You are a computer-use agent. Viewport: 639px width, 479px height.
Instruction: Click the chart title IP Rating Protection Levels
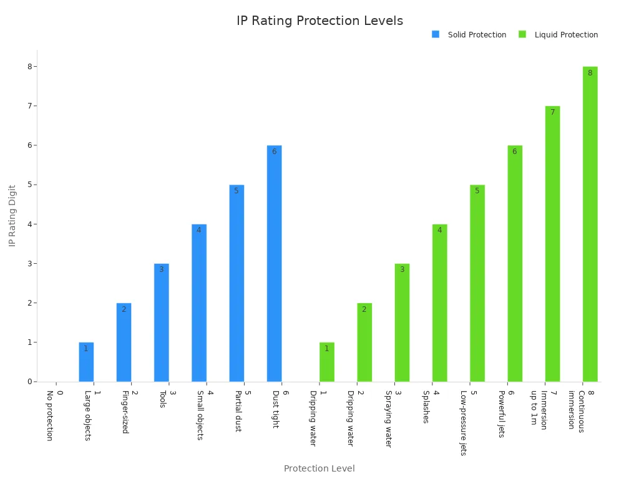(319, 21)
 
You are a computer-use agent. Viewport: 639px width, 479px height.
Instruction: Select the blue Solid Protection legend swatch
(436, 34)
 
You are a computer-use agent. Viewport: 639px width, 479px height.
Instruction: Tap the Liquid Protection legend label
(566, 35)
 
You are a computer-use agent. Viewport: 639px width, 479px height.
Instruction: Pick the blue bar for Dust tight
(274, 263)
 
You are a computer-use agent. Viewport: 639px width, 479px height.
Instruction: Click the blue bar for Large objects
(86, 362)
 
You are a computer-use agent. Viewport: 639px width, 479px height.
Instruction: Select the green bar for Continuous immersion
(590, 224)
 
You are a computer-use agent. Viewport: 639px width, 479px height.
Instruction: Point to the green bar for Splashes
(439, 302)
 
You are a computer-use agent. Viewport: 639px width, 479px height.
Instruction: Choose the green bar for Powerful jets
(515, 263)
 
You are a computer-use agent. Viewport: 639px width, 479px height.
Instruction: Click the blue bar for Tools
(161, 322)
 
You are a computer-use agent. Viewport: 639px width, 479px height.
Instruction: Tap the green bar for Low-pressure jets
(477, 283)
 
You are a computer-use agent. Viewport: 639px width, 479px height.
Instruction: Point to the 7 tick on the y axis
(27, 106)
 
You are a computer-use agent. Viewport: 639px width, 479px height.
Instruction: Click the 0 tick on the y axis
(27, 382)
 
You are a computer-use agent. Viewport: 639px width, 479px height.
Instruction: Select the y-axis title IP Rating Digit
(12, 215)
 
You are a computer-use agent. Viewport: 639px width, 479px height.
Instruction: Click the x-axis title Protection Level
(319, 468)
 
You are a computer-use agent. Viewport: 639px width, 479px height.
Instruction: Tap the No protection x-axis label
(50, 415)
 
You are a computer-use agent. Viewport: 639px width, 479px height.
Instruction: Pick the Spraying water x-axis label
(388, 419)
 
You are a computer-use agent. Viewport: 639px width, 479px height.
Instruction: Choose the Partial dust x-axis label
(237, 411)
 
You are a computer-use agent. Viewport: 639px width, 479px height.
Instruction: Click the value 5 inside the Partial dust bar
(236, 191)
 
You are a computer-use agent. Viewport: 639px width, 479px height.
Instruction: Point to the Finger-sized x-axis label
(125, 412)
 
